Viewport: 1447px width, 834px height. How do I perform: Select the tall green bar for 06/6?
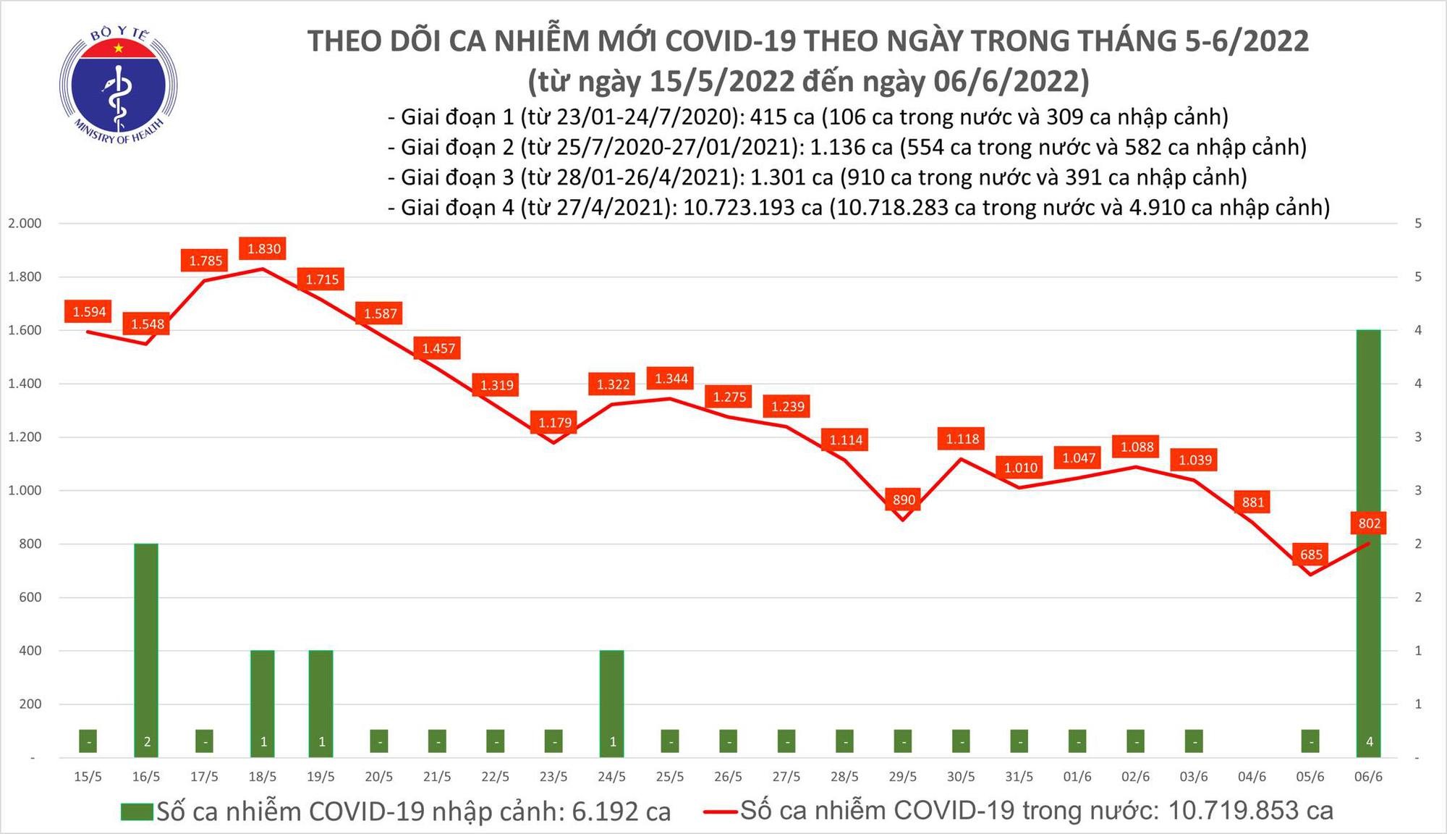tap(1368, 543)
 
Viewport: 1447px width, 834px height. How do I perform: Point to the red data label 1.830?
tap(264, 249)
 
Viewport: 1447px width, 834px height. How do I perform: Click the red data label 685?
tap(1311, 555)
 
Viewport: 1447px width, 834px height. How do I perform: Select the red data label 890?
tap(904, 500)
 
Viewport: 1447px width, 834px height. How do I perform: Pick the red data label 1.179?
tap(555, 422)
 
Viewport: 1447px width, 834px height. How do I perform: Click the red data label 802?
tap(1369, 523)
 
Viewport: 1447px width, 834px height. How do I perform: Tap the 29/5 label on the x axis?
tap(902, 777)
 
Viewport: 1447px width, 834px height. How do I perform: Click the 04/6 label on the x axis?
tap(1252, 777)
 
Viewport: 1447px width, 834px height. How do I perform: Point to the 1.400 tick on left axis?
tap(25, 384)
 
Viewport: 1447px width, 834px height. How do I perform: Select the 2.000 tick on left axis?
tap(25, 223)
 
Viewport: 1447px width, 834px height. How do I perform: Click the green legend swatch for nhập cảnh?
tap(137, 812)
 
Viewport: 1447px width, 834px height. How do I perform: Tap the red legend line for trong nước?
tap(721, 812)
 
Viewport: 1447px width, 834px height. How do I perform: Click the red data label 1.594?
tap(89, 312)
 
